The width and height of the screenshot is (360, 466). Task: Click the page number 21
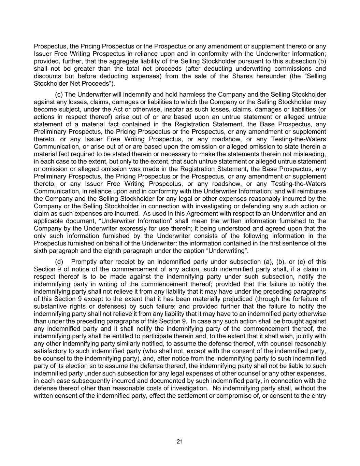pos(180,441)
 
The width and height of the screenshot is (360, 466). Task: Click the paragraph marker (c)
pos(58,95)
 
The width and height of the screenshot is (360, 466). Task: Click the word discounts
pos(45,76)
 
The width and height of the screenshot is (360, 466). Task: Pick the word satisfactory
pos(48,351)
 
